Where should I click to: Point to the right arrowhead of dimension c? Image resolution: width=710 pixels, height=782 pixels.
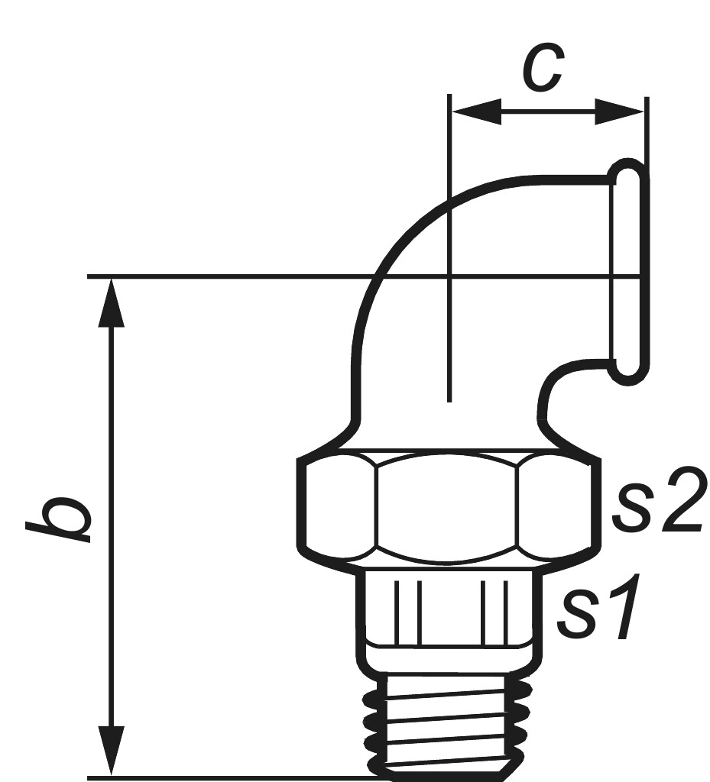620,112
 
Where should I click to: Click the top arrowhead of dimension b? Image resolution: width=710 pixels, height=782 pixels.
112,302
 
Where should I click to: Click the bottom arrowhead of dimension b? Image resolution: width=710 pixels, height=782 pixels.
112,751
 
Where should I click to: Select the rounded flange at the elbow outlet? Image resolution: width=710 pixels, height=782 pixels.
630,272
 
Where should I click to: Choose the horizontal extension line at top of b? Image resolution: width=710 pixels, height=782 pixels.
229,276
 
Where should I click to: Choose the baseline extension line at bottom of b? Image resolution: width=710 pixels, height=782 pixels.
229,777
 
